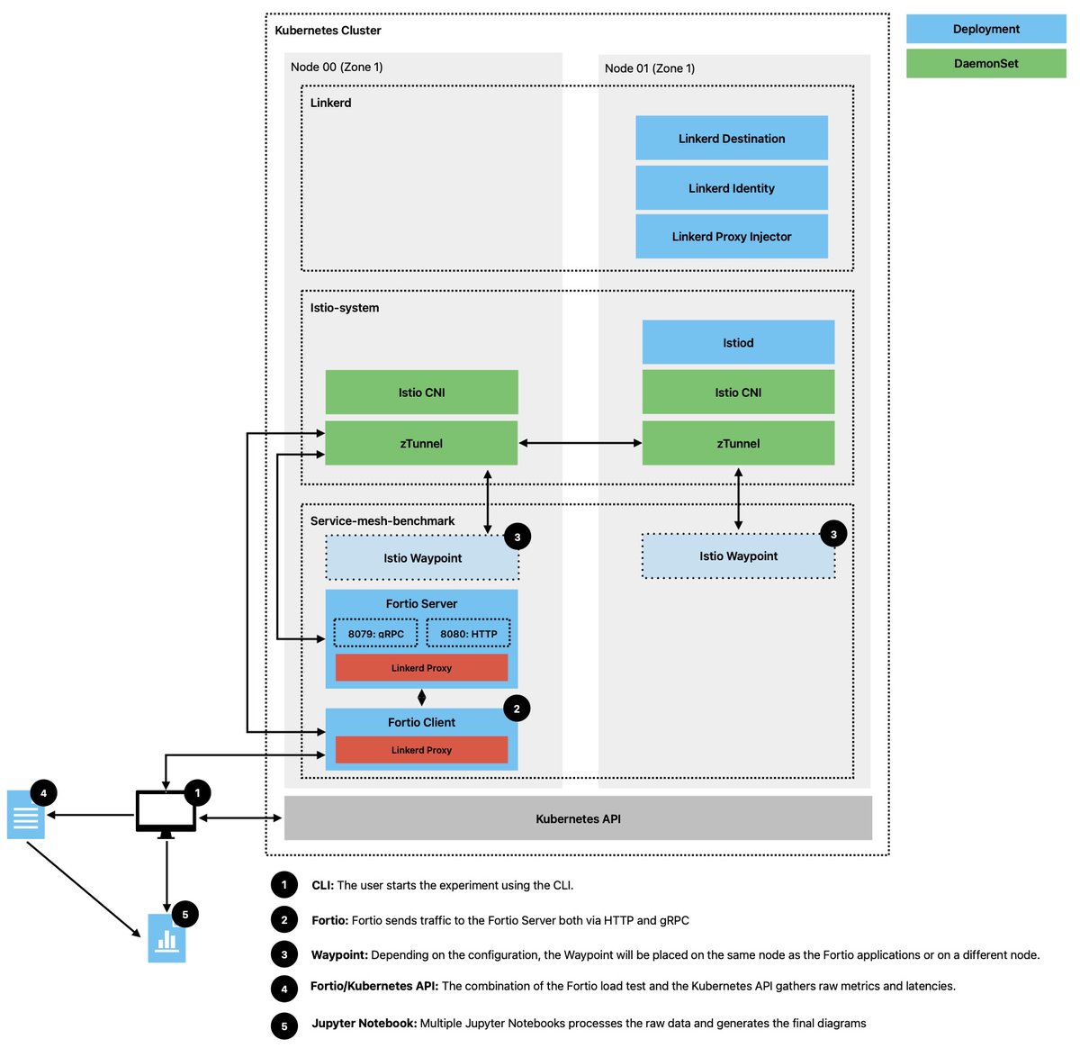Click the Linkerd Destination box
click(x=731, y=138)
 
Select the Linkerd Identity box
click(x=731, y=188)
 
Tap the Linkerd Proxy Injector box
click(x=731, y=236)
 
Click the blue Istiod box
click(x=738, y=342)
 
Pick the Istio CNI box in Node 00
click(x=421, y=393)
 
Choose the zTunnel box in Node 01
click(x=738, y=443)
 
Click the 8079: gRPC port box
click(x=375, y=633)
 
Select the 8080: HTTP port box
click(x=468, y=633)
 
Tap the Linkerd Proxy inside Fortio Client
click(x=421, y=749)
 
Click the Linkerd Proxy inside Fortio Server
click(x=421, y=667)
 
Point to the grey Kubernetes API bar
click(x=578, y=818)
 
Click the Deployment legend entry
click(x=985, y=29)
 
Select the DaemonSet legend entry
click(x=985, y=63)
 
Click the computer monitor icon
click(x=166, y=811)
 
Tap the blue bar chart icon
click(x=166, y=939)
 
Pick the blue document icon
click(x=25, y=815)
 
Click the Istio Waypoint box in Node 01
click(x=738, y=556)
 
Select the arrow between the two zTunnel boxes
click(x=580, y=443)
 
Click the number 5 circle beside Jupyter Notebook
click(x=284, y=1025)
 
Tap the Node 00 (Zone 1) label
click(x=336, y=67)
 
